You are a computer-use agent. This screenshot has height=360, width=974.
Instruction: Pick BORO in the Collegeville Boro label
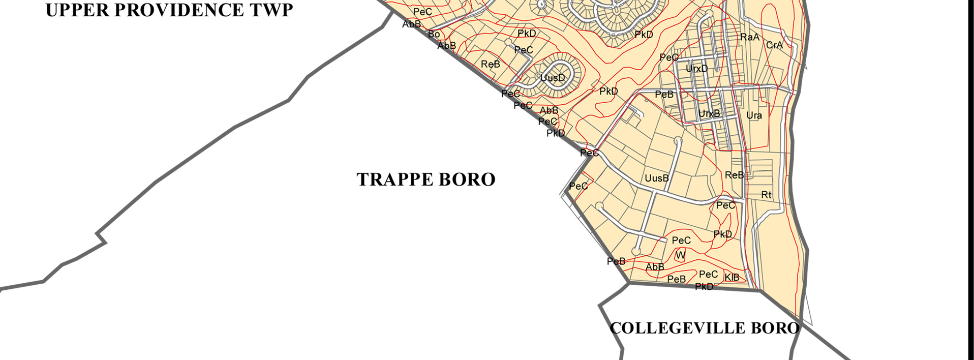coord(775,328)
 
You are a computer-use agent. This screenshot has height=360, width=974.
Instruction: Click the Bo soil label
coord(434,34)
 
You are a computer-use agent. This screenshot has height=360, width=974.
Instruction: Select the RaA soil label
coord(749,37)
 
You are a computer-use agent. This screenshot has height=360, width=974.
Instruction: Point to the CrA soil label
coord(774,45)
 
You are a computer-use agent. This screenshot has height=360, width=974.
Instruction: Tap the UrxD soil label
coord(696,68)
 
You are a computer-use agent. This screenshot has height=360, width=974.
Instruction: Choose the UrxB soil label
coord(709,113)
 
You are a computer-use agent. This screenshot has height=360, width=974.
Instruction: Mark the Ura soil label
coord(754,115)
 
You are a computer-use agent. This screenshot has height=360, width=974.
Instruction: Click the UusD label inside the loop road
coord(553,78)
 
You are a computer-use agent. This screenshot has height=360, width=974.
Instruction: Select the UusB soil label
coord(657,178)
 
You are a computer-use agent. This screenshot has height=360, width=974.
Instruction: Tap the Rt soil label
coord(766,195)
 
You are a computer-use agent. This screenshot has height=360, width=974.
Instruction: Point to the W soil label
coord(681,255)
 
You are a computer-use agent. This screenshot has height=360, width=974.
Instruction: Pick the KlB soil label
coord(732,277)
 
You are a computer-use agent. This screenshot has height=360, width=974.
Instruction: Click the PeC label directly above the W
coord(681,241)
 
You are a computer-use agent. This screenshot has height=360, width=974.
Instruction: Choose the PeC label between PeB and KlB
coord(708,275)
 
